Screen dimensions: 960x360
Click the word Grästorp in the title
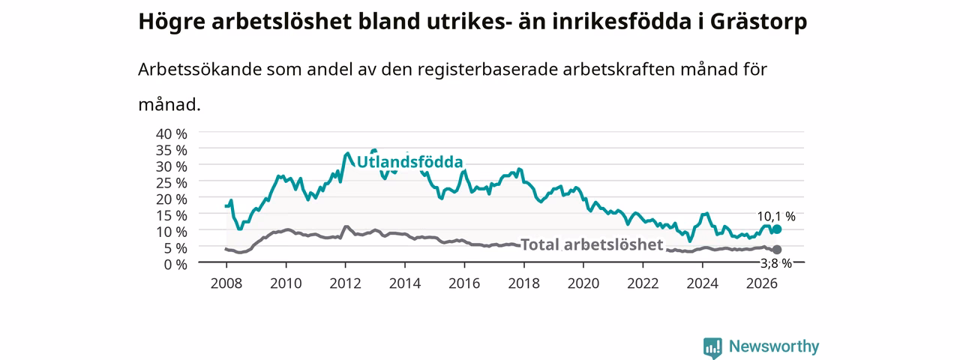click(x=758, y=22)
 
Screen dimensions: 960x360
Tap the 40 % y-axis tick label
click(x=172, y=133)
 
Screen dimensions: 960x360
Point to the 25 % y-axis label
click(x=172, y=182)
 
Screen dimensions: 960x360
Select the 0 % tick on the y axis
click(x=175, y=264)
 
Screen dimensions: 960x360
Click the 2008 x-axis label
click(x=226, y=283)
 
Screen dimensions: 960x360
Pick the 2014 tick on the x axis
click(x=404, y=283)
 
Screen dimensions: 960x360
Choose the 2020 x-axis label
click(x=583, y=283)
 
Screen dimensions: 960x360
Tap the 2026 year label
click(x=762, y=283)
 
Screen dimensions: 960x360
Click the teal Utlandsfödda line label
click(x=409, y=162)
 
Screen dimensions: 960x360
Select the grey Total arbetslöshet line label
click(x=592, y=244)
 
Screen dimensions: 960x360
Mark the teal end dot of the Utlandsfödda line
click(x=776, y=229)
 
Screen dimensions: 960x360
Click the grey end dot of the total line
click(x=776, y=250)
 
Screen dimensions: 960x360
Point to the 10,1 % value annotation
click(x=776, y=217)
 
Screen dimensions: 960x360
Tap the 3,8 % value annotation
click(x=776, y=263)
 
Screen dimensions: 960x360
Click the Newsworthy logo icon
click(x=712, y=347)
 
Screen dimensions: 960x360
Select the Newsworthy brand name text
click(x=774, y=346)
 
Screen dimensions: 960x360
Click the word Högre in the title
click(x=172, y=22)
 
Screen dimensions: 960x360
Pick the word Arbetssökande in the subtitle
click(x=199, y=69)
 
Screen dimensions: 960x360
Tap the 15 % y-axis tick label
click(x=172, y=215)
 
